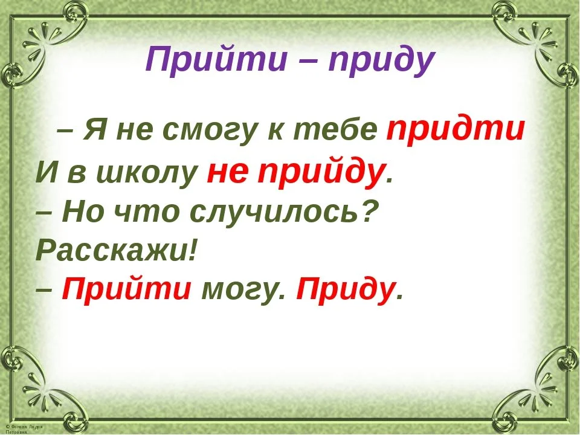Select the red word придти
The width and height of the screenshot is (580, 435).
point(454,129)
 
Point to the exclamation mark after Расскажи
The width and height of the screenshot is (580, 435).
point(193,249)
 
